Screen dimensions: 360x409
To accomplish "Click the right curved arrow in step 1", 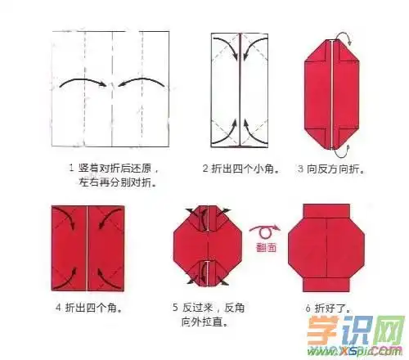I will point(137,82).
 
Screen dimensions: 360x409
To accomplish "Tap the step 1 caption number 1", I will point(73,169).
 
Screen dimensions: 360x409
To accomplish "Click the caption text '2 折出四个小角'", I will point(242,169).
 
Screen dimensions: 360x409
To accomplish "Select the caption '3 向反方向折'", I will point(331,169).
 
